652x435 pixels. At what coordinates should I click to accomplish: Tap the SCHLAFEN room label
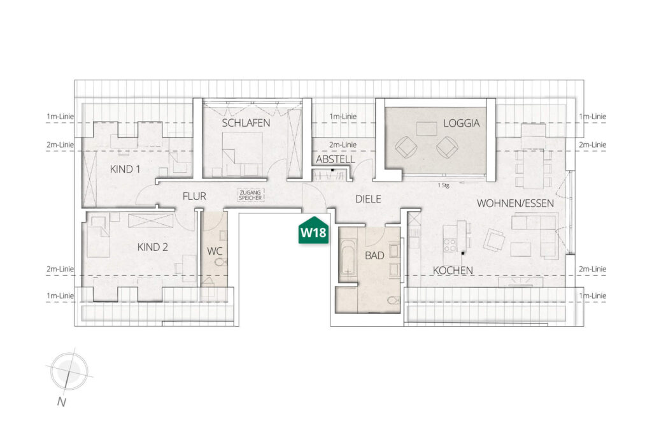point(246,123)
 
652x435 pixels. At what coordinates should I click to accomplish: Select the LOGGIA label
point(461,123)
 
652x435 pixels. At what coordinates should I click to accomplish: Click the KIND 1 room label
point(125,169)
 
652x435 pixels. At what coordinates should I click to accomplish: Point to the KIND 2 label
point(153,248)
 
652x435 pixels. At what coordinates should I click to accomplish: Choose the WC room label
point(215,251)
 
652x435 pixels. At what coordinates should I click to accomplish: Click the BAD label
point(374,256)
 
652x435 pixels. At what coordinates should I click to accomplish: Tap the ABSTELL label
point(335,159)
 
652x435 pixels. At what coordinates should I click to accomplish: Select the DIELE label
point(368,199)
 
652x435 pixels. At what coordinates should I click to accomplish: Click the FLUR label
point(194,196)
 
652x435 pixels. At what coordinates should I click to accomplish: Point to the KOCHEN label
point(453,271)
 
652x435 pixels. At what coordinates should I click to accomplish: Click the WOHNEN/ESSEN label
point(515,203)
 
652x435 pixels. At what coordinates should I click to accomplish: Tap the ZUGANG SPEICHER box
point(250,195)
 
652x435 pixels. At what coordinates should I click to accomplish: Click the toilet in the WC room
point(221,262)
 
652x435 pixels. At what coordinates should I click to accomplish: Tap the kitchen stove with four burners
point(450,245)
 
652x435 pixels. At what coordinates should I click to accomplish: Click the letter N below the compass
point(62,402)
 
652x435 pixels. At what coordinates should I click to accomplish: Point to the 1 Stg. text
point(444,185)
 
